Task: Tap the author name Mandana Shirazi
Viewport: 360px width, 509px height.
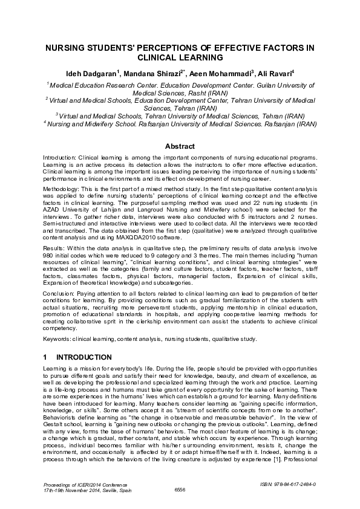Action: [151, 74]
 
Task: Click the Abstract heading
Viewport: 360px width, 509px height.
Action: [180, 146]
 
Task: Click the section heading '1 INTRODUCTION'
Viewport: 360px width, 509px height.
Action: [77, 357]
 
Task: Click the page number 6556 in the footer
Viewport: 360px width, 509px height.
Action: [180, 489]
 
